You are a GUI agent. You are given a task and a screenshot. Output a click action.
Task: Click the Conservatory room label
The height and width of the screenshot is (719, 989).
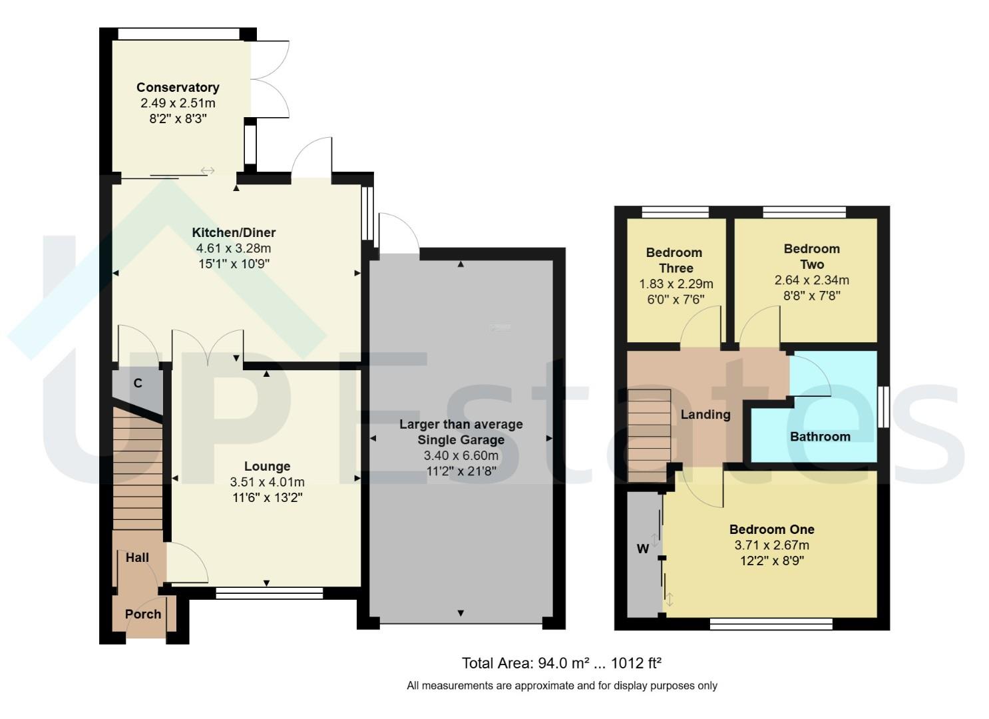tap(178, 87)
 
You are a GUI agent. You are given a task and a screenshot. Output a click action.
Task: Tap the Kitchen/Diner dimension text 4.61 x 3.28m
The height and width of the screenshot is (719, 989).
tap(233, 248)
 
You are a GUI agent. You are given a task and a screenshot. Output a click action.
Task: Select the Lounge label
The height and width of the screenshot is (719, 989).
tap(267, 466)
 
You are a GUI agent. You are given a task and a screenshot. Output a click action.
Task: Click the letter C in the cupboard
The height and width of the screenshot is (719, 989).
tap(138, 383)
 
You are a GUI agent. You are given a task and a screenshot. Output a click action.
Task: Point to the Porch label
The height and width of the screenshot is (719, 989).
tap(143, 614)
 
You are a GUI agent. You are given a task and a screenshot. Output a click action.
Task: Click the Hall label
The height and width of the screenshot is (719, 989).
tap(137, 557)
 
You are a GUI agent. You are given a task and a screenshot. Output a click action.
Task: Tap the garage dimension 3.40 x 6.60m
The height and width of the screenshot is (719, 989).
tap(461, 456)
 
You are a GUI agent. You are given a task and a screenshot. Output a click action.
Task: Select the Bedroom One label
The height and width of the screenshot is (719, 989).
tap(771, 529)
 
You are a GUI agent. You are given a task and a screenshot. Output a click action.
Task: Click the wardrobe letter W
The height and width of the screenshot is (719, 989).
tap(643, 549)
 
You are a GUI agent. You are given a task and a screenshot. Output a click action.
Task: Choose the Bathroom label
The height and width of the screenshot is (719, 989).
tap(820, 436)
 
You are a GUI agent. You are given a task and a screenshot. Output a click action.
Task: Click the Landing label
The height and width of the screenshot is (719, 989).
tap(705, 414)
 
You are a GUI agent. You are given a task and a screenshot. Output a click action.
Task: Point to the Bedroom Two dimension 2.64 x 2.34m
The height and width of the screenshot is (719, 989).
tap(811, 280)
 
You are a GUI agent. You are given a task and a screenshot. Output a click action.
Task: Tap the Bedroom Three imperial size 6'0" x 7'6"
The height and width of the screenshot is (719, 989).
tap(676, 300)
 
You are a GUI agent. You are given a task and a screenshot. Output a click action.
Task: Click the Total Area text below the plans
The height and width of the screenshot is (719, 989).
tap(561, 663)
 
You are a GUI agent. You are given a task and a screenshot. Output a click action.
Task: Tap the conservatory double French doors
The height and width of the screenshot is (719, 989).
tap(270, 80)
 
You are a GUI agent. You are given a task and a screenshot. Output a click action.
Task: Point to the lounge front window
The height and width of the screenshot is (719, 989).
tap(269, 593)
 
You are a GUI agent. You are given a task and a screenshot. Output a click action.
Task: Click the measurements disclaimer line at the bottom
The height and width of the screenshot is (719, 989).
tap(561, 685)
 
